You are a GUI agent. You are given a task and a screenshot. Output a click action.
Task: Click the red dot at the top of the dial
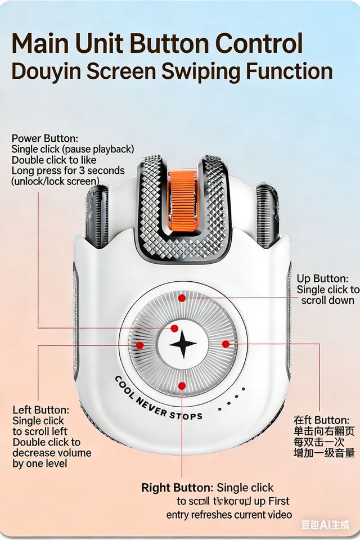point(182,298)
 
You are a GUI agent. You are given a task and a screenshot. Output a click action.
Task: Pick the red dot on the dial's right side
point(226,344)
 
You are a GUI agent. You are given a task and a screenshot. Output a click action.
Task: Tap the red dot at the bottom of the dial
point(182,385)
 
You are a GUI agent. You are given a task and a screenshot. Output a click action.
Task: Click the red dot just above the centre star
point(174,328)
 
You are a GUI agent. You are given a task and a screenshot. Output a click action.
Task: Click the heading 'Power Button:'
point(45,138)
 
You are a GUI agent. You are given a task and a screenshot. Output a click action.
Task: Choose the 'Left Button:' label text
point(40,410)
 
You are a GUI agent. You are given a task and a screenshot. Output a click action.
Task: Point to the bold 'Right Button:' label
point(177,488)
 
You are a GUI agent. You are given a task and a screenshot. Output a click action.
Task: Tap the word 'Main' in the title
point(43,44)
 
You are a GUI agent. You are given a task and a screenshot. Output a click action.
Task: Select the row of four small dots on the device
point(232,395)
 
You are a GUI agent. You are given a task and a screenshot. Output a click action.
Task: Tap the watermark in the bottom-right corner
point(325,525)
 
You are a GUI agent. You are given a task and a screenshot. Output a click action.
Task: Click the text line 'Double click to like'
point(53,160)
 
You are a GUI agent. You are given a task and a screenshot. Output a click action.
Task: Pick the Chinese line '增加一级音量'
point(324,453)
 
